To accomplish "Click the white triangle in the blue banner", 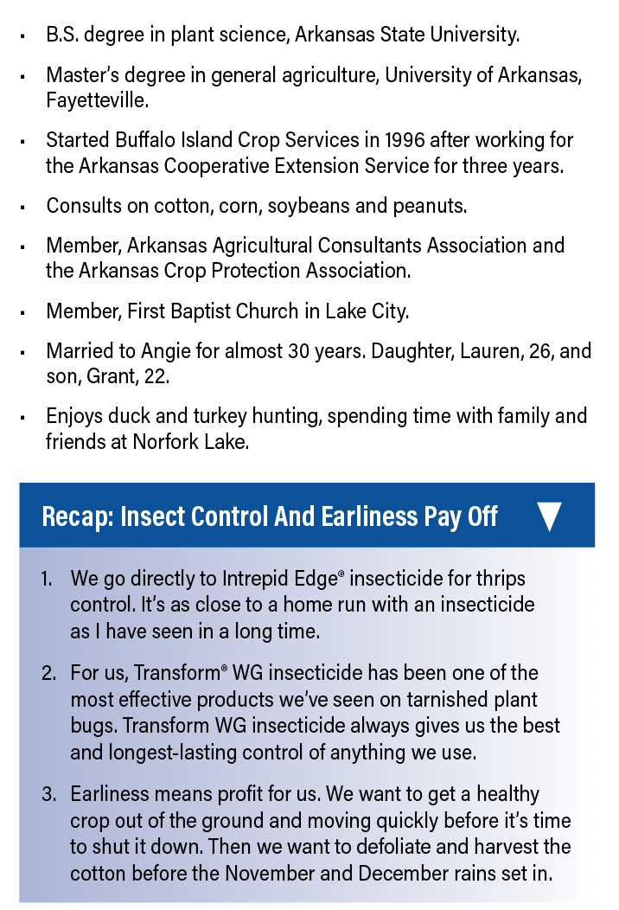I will click(x=549, y=516).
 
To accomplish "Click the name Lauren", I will click(x=455, y=352).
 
